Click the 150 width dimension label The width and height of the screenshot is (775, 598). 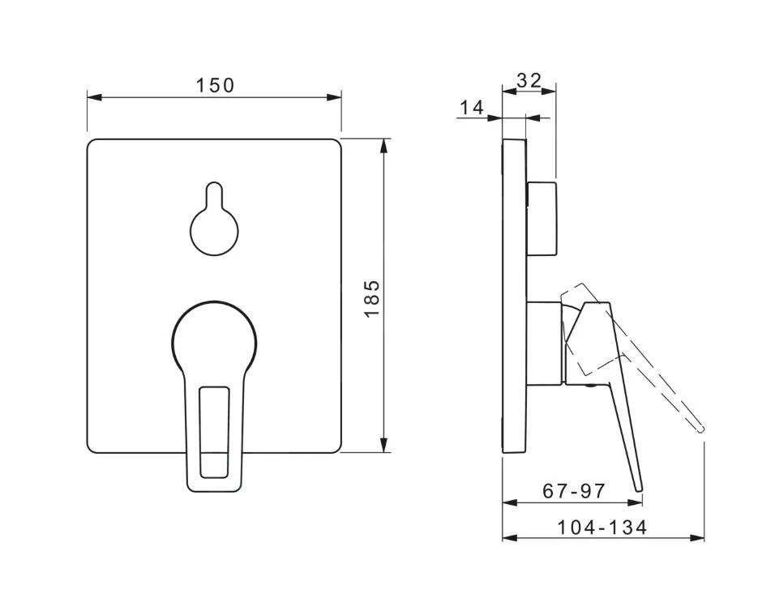(215, 86)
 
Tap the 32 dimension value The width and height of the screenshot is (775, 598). (529, 80)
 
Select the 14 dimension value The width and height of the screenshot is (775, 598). (472, 107)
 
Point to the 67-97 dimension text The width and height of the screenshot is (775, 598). (574, 491)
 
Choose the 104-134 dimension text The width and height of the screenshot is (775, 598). (602, 528)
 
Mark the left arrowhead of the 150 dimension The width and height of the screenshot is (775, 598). (94, 97)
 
